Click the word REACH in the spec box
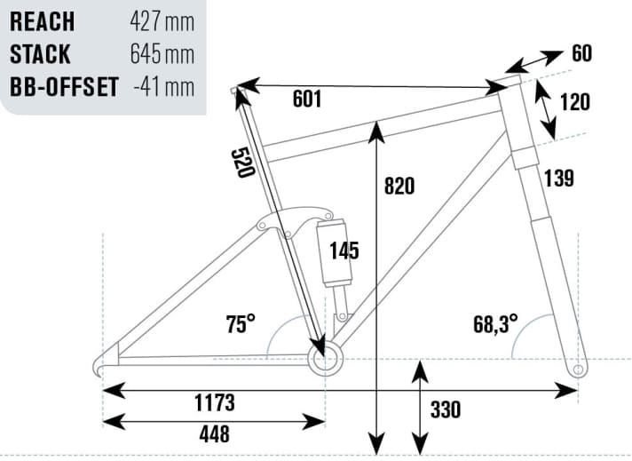[42, 21]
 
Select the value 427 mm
[162, 21]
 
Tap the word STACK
[40, 54]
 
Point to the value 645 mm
[162, 54]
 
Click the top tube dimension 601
[307, 99]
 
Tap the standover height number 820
[400, 187]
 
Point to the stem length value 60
[581, 54]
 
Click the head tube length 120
[575, 102]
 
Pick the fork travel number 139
[560, 178]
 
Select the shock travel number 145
[344, 251]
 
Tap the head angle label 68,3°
[495, 322]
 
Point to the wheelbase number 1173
[214, 402]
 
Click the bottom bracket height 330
[446, 410]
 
